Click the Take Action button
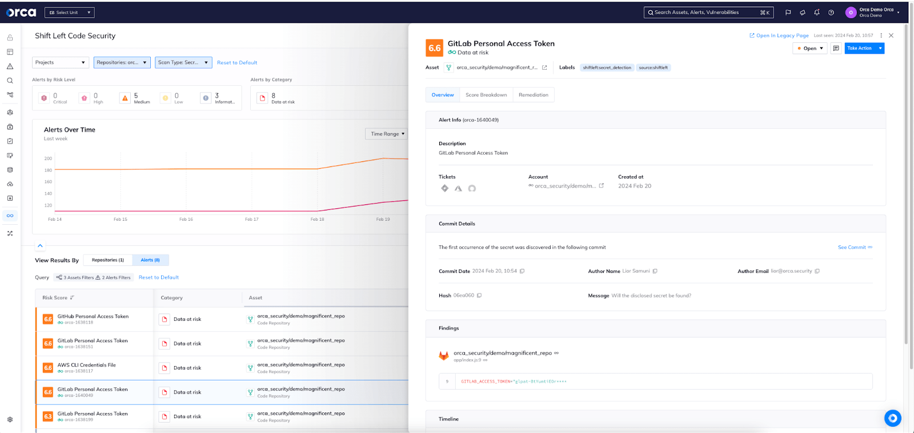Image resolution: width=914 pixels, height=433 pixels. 860,49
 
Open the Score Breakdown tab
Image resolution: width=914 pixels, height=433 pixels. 486,95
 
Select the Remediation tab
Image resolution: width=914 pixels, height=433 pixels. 533,95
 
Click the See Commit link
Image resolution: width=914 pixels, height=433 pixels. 852,248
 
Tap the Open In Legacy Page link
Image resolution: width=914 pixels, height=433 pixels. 779,35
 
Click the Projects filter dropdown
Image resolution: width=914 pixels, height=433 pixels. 61,62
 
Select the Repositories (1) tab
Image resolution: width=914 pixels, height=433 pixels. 108,260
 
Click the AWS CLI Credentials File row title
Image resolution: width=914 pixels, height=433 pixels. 87,365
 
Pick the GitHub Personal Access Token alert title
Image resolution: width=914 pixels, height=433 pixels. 93,316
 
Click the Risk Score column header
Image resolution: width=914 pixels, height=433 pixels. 55,298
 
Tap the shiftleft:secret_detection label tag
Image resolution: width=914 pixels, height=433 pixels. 607,67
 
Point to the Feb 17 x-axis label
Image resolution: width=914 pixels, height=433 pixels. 252,220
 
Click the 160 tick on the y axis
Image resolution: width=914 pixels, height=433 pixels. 48,182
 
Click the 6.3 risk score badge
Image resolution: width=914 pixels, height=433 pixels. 48,416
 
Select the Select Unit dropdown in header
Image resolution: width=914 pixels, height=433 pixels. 70,13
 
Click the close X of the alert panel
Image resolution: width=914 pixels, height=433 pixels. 891,35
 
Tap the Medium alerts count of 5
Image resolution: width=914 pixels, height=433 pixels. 136,96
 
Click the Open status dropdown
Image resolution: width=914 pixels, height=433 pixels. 809,49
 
